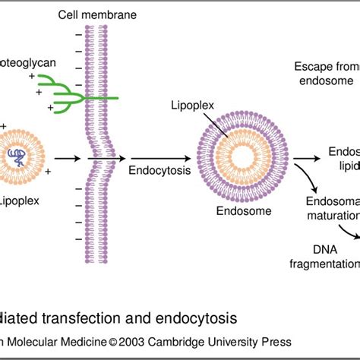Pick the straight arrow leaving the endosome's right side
(x=304, y=159)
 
